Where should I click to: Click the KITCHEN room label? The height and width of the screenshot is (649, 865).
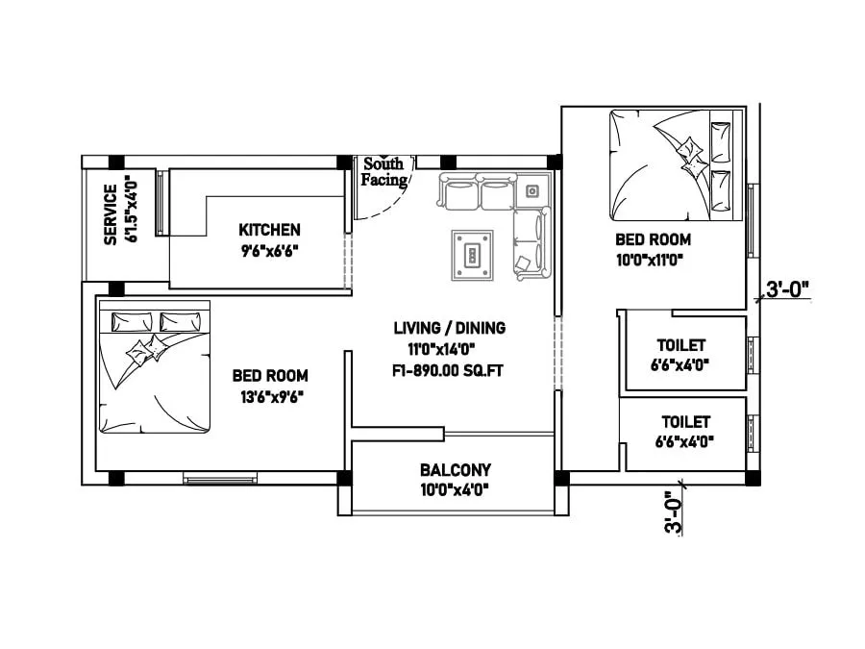point(269,230)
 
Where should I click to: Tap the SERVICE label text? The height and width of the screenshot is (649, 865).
point(111,213)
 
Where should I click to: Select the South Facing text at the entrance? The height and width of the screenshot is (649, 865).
point(383,171)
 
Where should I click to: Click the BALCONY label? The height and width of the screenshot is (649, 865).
point(455,470)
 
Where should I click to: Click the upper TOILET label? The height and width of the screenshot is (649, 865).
point(681,345)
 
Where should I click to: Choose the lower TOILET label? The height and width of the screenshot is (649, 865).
point(685,422)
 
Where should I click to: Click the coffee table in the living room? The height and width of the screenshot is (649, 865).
point(472,256)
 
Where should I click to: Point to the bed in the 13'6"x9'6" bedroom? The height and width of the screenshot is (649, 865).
point(154,366)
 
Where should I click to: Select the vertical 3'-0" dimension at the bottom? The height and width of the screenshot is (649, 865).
point(676,512)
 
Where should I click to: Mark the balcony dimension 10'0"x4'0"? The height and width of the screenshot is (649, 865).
point(455,488)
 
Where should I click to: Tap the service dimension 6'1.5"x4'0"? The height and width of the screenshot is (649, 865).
point(131,213)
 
